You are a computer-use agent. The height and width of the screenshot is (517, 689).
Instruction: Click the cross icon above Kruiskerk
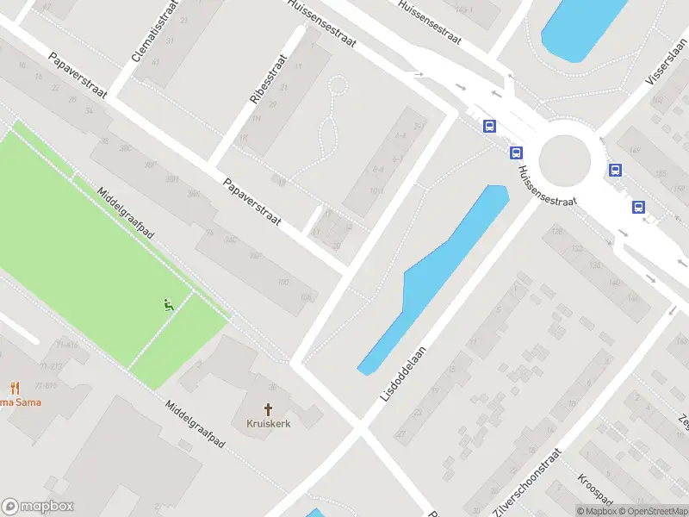[x=268, y=408]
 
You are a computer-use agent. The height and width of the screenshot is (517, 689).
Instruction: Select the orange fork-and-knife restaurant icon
[x=15, y=388]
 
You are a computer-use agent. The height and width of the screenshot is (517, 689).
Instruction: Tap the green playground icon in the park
[x=168, y=303]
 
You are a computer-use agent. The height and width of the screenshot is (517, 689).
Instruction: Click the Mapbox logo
[x=38, y=507]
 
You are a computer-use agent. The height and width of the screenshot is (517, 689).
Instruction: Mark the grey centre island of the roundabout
[x=565, y=160]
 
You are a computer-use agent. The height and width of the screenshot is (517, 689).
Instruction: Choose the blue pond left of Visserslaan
[x=582, y=26]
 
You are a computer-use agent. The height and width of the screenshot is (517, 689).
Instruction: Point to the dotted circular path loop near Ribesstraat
[x=338, y=85]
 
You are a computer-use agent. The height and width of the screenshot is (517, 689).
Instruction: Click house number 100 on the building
[x=282, y=282]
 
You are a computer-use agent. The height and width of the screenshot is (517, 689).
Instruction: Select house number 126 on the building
[x=557, y=231]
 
